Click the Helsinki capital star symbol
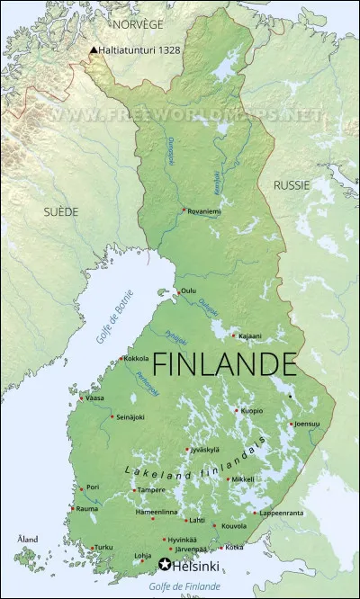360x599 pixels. point(164,565)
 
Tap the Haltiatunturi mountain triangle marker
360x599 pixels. point(93,50)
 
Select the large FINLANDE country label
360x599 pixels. point(223,364)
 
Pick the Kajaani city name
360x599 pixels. point(250,336)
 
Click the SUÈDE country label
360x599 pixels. point(60,211)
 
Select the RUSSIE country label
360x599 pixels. point(292,184)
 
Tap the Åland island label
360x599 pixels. point(28,539)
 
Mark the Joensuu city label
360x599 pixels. point(307,423)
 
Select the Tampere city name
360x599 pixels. point(150,490)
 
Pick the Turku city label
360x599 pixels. point(103,547)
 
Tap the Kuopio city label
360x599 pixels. point(251,410)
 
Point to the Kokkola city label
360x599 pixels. point(136,358)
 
